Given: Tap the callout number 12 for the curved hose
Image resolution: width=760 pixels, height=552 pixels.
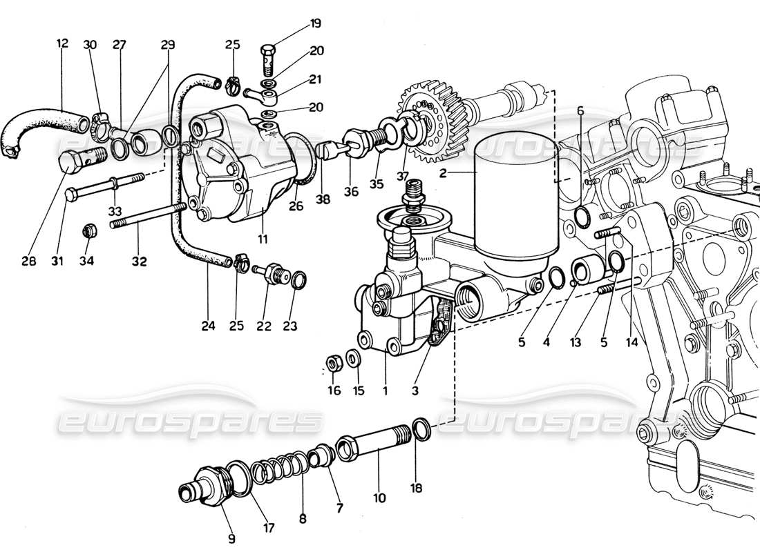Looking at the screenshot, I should tap(63, 43).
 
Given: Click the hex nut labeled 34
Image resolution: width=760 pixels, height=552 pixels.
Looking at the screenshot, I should tap(88, 230).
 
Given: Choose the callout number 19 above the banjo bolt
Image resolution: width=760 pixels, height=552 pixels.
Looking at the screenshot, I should tap(315, 23).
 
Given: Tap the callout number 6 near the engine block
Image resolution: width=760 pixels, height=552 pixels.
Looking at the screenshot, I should tap(580, 110).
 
